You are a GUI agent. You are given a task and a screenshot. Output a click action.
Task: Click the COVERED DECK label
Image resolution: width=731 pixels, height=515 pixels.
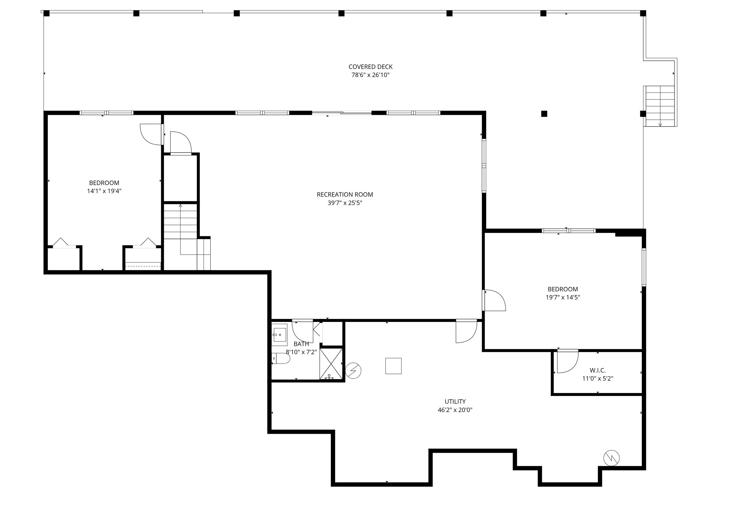point(370,67)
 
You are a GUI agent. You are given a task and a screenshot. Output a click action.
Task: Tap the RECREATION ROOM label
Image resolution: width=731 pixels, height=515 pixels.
point(345,195)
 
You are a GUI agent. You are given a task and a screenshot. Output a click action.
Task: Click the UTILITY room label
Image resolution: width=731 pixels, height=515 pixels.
point(455,402)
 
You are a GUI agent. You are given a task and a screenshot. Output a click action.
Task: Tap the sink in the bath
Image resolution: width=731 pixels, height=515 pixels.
point(280,335)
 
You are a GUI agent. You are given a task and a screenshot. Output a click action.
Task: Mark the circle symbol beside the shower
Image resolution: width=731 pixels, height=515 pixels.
point(353,371)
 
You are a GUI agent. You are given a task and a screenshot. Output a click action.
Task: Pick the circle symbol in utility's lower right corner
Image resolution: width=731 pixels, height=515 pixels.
point(611,458)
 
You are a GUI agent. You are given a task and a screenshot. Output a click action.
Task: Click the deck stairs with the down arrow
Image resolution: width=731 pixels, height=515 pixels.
point(660,106)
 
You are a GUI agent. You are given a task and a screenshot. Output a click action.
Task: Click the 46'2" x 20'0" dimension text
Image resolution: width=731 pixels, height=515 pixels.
point(455,410)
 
